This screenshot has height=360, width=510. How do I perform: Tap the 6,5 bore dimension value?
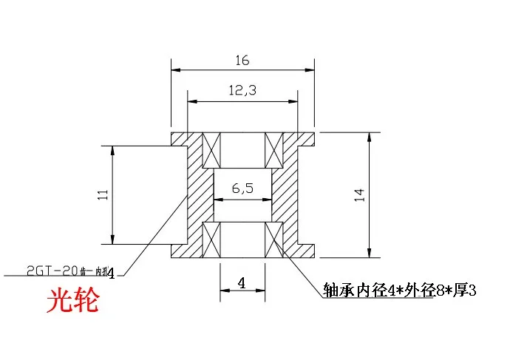click(x=242, y=189)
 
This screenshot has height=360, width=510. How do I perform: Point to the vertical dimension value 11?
click(x=103, y=194)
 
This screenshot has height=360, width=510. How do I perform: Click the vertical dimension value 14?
click(x=360, y=194)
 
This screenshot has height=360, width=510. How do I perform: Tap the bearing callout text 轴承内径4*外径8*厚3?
click(x=400, y=291)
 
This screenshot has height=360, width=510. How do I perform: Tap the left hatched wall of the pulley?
click(x=195, y=194)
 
